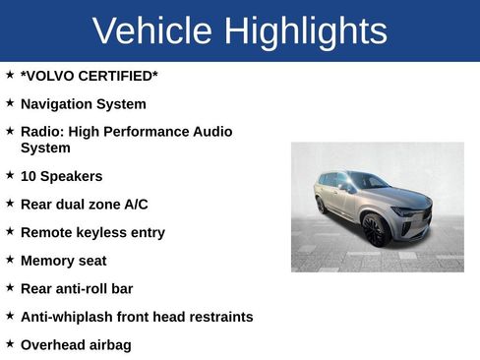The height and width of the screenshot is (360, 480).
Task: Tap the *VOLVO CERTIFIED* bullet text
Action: coord(89,76)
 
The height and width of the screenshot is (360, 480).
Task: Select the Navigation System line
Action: coord(83,104)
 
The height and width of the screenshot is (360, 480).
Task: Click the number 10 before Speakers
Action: coord(29,176)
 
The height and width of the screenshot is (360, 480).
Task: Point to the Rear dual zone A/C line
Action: coord(84,205)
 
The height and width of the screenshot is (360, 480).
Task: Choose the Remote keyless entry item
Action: coord(92,233)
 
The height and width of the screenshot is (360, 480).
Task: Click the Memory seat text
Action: coord(63,261)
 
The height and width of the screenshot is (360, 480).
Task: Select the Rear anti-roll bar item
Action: coord(76,289)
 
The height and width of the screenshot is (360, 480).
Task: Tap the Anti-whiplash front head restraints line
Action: coord(137,317)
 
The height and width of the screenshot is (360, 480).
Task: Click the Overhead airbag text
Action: coord(75,345)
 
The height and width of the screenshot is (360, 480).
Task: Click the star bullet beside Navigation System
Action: coord(10,102)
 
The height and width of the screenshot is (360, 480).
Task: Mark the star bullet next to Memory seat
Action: coord(10,259)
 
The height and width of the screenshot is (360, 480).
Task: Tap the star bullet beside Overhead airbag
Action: coord(10,343)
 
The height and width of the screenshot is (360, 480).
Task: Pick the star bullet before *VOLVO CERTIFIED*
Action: coord(10,74)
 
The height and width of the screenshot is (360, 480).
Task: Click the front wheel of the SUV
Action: coord(375,230)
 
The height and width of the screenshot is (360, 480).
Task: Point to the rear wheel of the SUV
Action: coord(322,206)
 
